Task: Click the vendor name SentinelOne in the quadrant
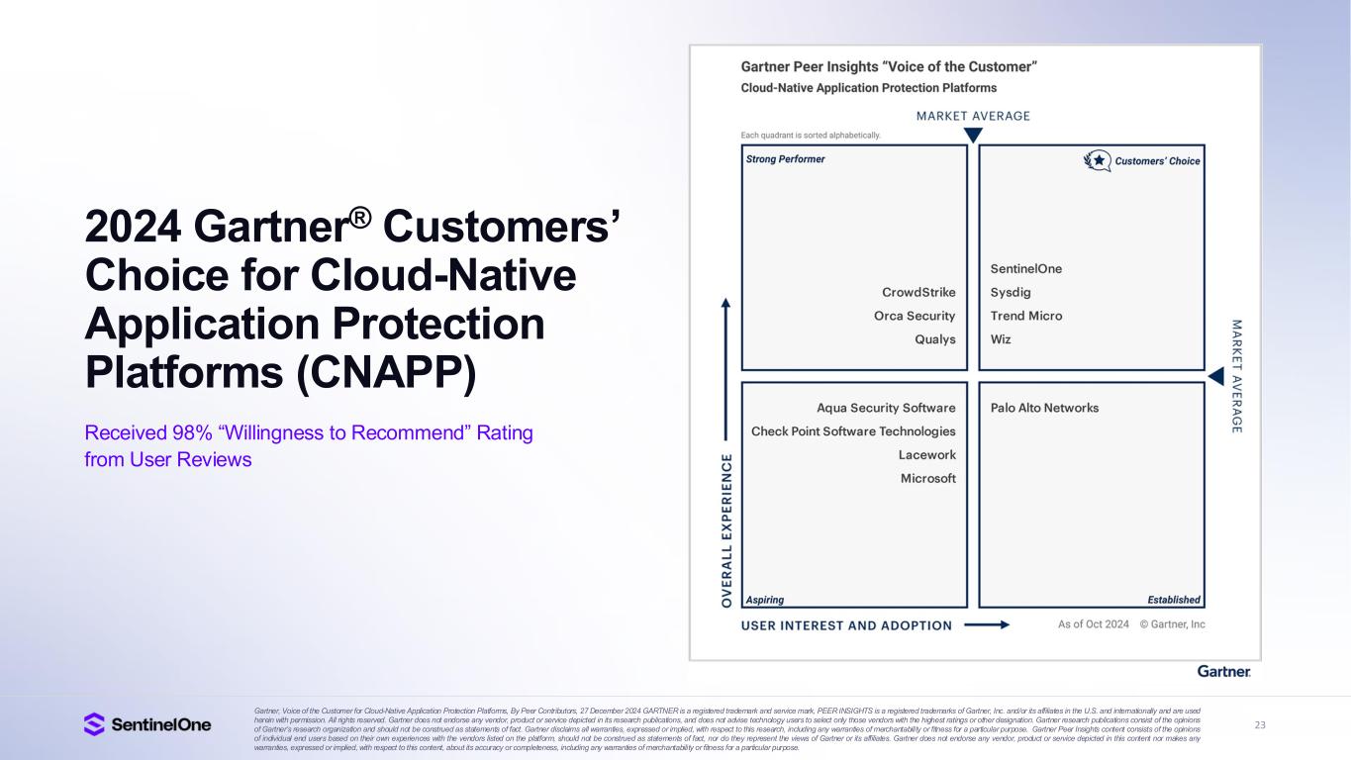[1025, 268]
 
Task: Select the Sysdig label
[1011, 292]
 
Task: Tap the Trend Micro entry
[1025, 316]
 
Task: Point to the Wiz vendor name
[1001, 339]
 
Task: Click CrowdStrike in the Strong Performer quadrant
[918, 292]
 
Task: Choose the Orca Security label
[915, 316]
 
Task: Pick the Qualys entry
[934, 339]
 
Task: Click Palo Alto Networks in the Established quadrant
[1044, 408]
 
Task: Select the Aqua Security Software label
[886, 408]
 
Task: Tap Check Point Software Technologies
[853, 431]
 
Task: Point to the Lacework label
[926, 455]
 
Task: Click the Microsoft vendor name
[927, 479]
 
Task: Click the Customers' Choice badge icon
[1097, 160]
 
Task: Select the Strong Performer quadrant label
[785, 159]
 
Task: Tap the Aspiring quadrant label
[764, 600]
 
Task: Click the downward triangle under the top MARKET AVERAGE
[973, 135]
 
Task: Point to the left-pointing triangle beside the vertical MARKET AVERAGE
[1216, 376]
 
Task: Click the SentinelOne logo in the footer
[147, 724]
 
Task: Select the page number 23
[1260, 725]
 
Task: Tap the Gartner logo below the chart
[1223, 672]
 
